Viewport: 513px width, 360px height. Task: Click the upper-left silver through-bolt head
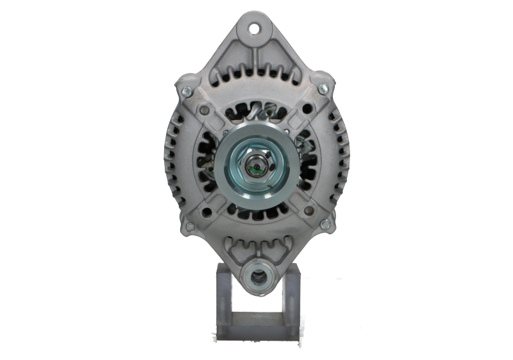(185, 90)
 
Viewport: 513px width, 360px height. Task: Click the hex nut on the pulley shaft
(256, 170)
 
